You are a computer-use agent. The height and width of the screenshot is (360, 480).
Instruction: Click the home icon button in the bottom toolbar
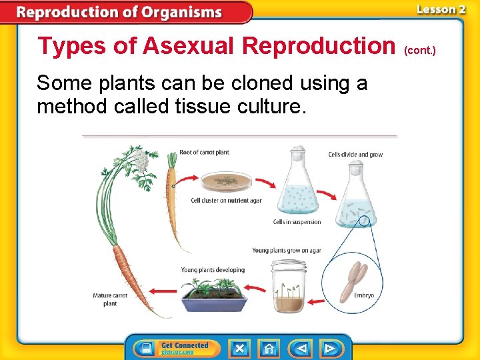point(269,348)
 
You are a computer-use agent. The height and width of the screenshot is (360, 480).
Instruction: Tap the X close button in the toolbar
point(239,348)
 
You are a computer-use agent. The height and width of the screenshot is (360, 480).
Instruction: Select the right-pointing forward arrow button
point(329,348)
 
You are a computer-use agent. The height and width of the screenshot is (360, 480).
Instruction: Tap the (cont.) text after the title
point(420,50)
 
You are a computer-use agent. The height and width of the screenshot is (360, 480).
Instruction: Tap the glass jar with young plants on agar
point(288,287)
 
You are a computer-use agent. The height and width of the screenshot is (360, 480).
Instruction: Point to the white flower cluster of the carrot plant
point(140,159)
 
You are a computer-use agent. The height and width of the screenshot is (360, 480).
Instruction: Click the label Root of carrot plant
point(204,153)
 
